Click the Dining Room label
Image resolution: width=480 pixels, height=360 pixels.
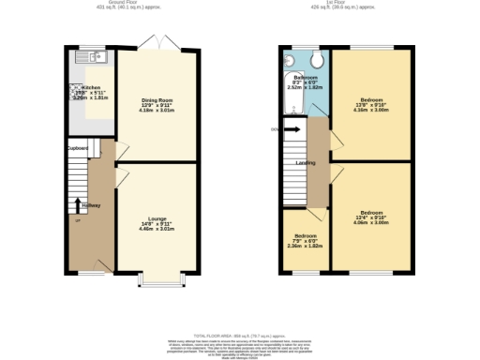click(157, 100)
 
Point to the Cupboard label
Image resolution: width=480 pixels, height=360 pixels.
click(77, 148)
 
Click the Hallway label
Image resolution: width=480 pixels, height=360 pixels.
click(91, 205)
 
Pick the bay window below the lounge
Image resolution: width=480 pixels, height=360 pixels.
click(157, 280)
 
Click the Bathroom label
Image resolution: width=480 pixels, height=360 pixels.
click(303, 77)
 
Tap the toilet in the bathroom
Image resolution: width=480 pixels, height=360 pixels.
click(320, 59)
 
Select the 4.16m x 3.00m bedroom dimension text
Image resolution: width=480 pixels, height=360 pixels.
click(370, 111)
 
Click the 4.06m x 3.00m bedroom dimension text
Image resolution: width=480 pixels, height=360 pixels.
click(370, 223)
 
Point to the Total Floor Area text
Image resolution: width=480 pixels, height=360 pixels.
click(240, 335)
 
